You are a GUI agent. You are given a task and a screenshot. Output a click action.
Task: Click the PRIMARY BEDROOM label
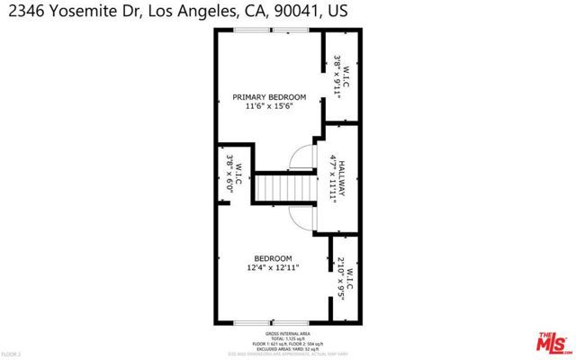click(x=269, y=97)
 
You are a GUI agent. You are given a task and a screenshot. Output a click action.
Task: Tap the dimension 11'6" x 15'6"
click(x=269, y=106)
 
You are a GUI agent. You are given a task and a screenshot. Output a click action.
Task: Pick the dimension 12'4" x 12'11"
click(x=272, y=267)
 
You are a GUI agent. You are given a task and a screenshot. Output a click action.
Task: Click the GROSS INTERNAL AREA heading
click(x=288, y=332)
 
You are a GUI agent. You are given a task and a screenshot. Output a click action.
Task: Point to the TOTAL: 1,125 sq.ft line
click(x=288, y=337)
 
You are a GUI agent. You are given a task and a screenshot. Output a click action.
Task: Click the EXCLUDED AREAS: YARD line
click(x=288, y=348)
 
